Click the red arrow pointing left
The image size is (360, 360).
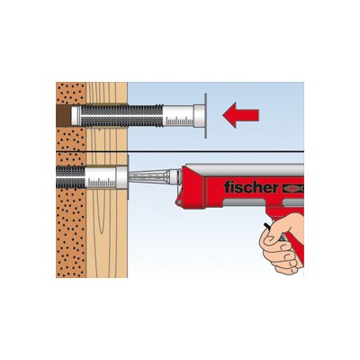241,115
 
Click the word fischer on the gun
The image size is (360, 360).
251,187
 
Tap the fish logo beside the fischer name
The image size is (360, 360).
293,188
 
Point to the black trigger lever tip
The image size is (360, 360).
265,224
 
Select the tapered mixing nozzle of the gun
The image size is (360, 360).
148,177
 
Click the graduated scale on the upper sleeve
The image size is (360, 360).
179,121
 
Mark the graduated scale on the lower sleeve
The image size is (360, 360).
102,183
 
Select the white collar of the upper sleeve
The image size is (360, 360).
199,116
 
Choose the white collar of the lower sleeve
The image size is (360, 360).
121,178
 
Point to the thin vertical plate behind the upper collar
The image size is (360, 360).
205,116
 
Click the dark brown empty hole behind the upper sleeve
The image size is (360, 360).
64,115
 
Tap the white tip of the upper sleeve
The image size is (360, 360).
76,116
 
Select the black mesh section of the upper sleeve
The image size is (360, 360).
122,115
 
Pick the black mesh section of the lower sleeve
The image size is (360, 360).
71,177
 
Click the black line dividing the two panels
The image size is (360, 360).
180,152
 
